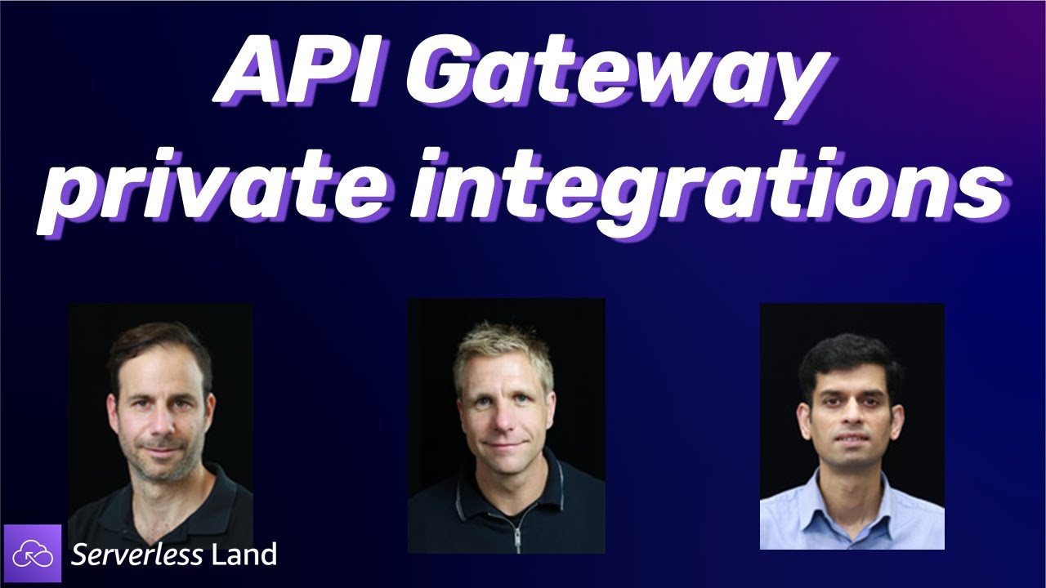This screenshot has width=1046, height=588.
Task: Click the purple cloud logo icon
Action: (33, 554)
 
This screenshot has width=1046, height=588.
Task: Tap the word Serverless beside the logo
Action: (136, 555)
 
